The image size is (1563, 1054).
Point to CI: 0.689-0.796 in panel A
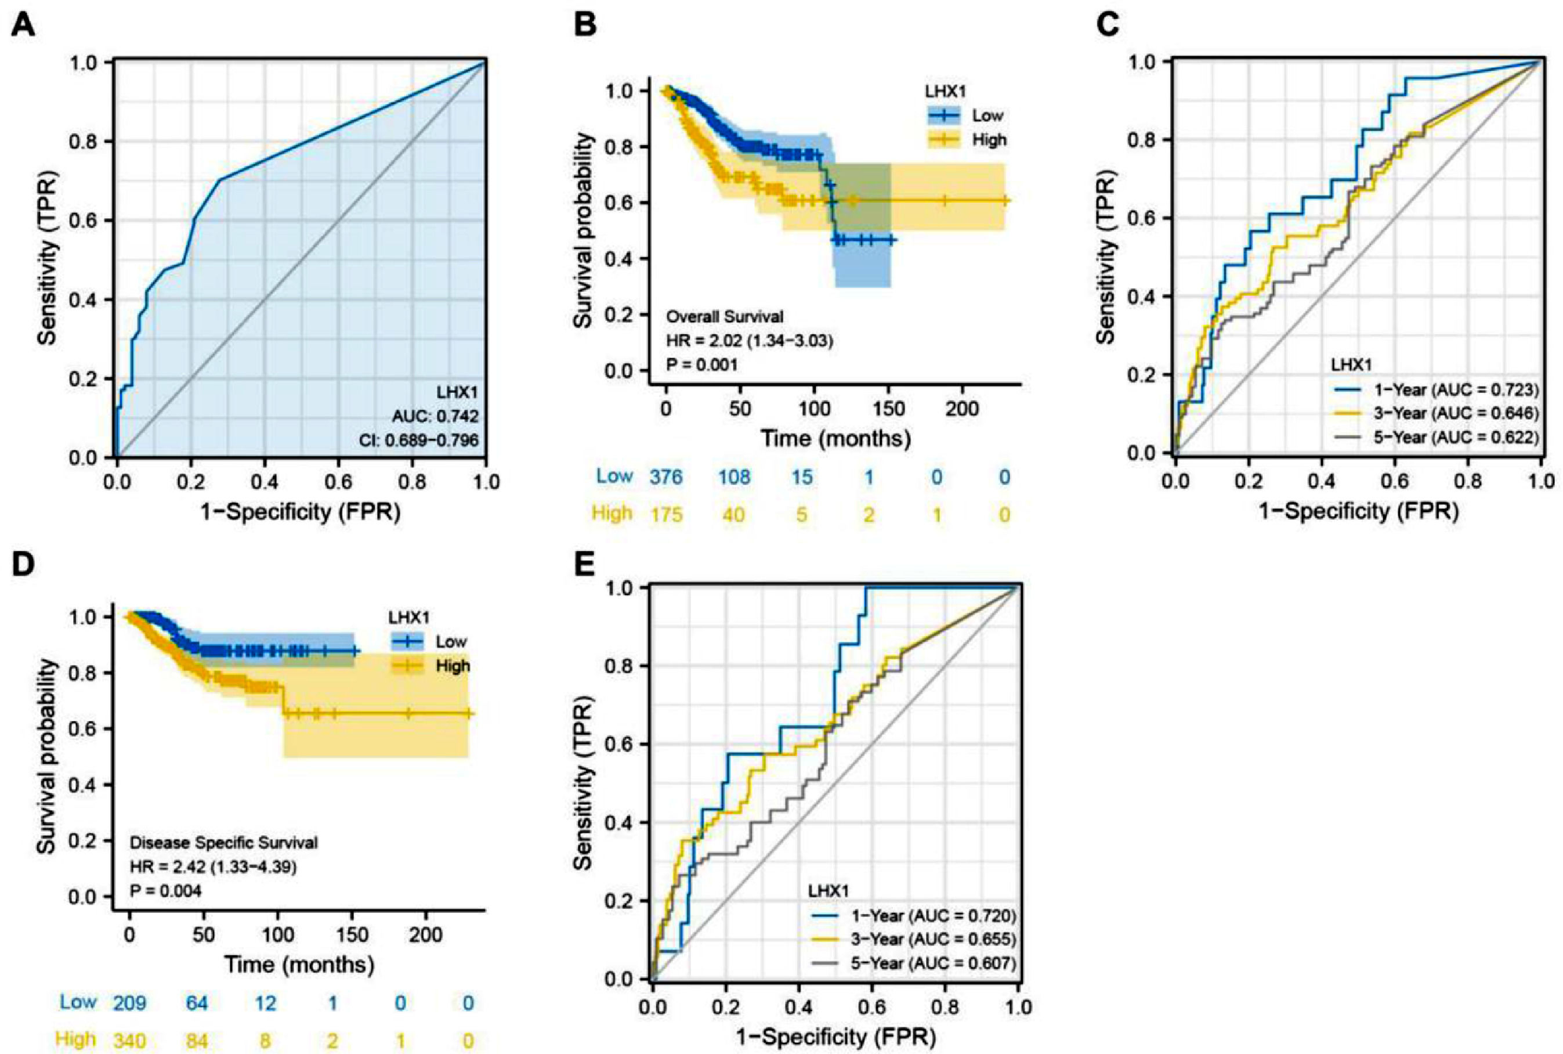tap(425, 442)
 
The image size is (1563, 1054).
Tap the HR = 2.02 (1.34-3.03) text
tap(749, 341)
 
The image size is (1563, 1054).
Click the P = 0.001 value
tap(701, 365)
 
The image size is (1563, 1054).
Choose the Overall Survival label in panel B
tap(725, 316)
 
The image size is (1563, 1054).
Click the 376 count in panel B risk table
tap(666, 477)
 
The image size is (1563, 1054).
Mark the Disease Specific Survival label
tap(224, 842)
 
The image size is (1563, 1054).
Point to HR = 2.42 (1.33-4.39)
tap(214, 867)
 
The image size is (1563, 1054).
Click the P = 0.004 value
tap(165, 891)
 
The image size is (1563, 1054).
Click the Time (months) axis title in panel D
tap(299, 965)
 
